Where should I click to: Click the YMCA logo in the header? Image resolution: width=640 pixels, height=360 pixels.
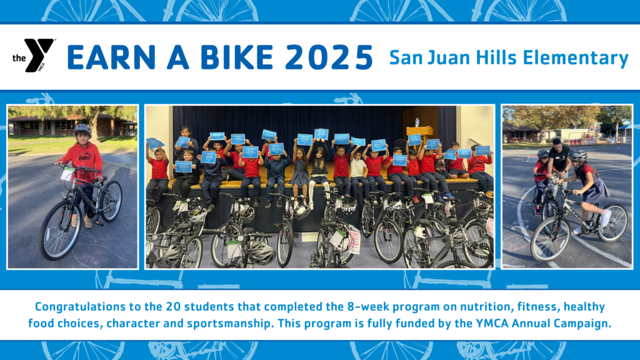click(x=34, y=56)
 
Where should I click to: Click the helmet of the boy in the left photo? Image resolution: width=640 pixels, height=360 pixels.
click(x=82, y=129)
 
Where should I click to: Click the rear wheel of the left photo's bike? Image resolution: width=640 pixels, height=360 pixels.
click(x=111, y=201)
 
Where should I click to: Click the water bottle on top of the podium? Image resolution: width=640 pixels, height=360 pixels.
click(x=417, y=122)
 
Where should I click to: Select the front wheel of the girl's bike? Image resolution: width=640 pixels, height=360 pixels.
click(x=549, y=239)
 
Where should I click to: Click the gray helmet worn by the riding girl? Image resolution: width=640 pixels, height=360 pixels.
click(x=578, y=156)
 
